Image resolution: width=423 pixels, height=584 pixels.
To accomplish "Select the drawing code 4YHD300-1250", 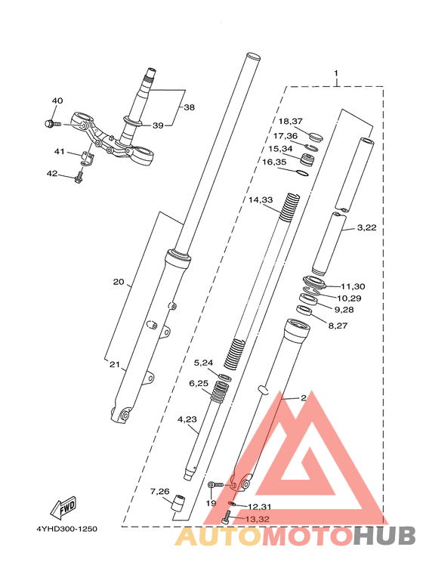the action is tap(66, 529).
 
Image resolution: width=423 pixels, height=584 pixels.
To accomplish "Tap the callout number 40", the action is tap(57, 100).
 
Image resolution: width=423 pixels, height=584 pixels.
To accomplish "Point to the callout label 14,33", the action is tap(261, 200).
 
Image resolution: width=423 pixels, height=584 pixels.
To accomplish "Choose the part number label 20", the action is tap(119, 282).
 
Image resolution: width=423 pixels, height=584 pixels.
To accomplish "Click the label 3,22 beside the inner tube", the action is tap(367, 227).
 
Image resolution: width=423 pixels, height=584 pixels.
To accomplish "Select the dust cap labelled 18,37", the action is tap(316, 136).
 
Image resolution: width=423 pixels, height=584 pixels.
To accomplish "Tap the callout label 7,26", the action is tap(159, 492).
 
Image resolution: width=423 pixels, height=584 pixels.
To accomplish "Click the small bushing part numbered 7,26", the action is tap(178, 503).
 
